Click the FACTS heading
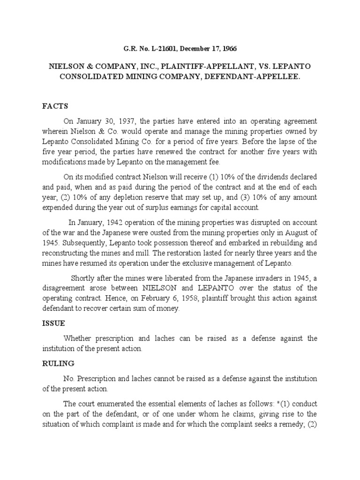[54, 106]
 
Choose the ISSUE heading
[53, 323]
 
